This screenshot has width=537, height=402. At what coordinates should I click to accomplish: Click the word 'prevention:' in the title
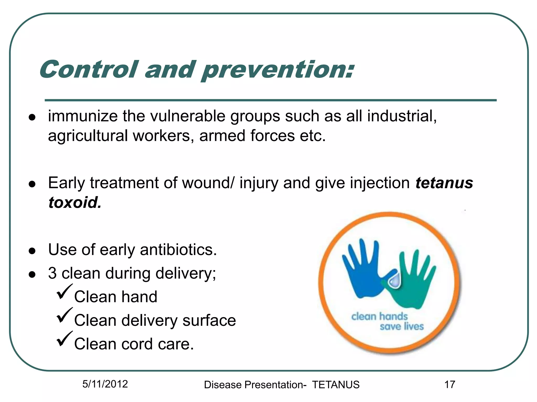pos(278,70)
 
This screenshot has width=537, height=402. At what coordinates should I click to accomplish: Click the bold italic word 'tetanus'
pos(444,183)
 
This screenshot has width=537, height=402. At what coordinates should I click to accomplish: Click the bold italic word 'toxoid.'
pos(75,203)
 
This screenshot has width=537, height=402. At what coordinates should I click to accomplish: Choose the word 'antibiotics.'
pos(178,250)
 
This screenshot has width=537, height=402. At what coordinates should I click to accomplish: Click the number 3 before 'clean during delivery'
pos(52,273)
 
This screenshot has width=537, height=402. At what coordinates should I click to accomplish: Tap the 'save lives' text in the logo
pos(402,327)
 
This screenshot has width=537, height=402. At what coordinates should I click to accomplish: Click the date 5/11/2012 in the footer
pos(105,384)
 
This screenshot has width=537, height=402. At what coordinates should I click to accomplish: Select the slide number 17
pos(450,385)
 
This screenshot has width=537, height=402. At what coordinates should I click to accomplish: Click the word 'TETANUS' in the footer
pos(336,385)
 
